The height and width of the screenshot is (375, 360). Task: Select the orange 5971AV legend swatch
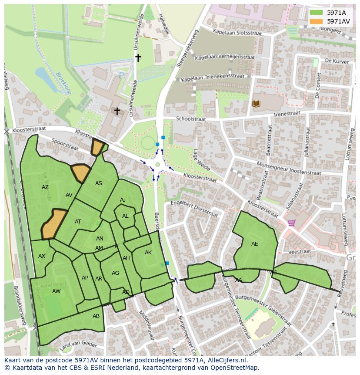coord(316,21)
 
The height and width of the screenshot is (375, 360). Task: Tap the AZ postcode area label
coord(45,187)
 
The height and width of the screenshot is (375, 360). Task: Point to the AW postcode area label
coord(56,291)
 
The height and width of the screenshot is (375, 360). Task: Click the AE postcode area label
coord(254,244)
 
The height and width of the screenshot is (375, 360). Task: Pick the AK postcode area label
coord(148,253)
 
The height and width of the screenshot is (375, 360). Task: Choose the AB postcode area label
coord(96,316)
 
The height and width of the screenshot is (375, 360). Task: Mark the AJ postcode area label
coord(123,200)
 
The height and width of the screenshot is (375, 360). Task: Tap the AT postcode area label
coord(78,222)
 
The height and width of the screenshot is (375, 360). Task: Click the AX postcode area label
coord(42,256)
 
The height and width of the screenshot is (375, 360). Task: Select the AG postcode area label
coord(115,273)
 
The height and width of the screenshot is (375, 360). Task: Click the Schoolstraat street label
coord(190,118)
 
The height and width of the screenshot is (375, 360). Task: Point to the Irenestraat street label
coord(287,114)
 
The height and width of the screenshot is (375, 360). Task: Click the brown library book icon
coord(256,103)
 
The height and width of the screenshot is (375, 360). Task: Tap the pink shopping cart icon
coord(291,223)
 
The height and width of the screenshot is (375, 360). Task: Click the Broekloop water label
coord(63,83)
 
